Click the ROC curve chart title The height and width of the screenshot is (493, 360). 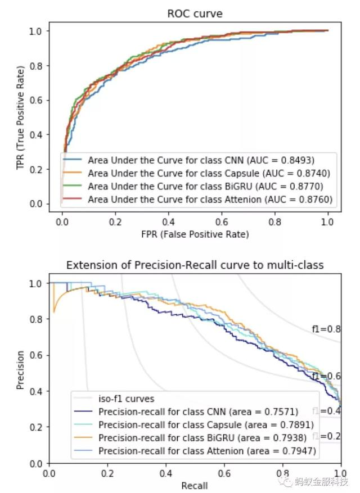pyautogui.click(x=195, y=14)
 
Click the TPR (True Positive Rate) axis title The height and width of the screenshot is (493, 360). pyautogui.click(x=21, y=117)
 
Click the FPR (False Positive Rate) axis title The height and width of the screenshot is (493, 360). pyautogui.click(x=195, y=234)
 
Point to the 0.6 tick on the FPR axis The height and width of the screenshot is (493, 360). pyautogui.click(x=222, y=221)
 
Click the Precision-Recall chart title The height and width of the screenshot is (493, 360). pyautogui.click(x=195, y=265)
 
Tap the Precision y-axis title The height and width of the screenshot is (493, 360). pyautogui.click(x=21, y=370)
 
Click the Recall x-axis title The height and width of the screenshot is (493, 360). pyautogui.click(x=195, y=485)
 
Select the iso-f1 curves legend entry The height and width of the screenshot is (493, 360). pyautogui.click(x=126, y=399)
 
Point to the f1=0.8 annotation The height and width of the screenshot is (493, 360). pyautogui.click(x=326, y=329)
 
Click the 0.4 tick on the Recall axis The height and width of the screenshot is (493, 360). pyautogui.click(x=166, y=473)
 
